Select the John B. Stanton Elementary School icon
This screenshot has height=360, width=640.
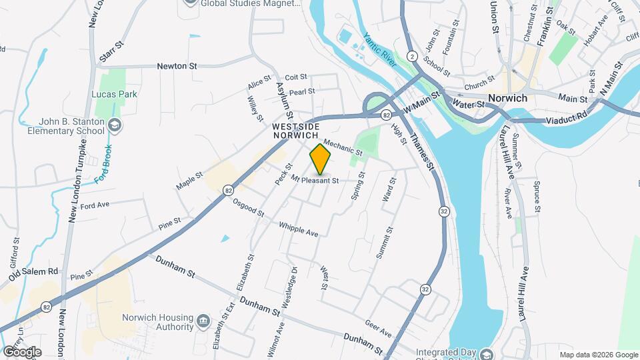tap(115, 125)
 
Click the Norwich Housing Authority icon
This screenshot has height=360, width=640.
tap(202, 323)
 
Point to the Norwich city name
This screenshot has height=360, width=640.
tap(507, 98)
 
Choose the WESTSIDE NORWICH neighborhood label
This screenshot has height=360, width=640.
tap(295, 130)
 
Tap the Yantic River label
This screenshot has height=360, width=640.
tap(379, 47)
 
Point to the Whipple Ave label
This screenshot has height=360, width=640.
tap(299, 229)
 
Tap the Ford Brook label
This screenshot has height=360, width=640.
tap(103, 164)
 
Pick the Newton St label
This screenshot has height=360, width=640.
tap(177, 66)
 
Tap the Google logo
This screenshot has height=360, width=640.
tap(21, 351)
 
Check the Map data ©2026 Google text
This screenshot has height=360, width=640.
tap(598, 355)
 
